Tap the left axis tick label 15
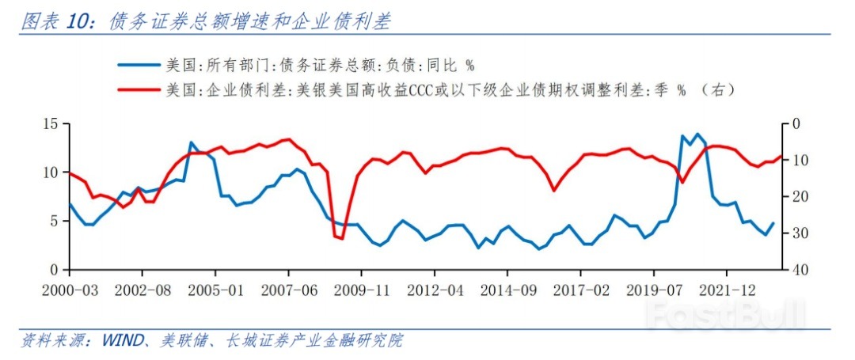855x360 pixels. (x=51, y=123)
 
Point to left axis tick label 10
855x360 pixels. (x=51, y=172)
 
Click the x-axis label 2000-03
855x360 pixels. (x=70, y=290)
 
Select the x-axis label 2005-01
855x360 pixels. (x=215, y=290)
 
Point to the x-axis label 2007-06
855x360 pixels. (x=288, y=290)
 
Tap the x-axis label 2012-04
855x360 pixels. (x=434, y=290)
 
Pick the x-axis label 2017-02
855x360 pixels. (x=579, y=290)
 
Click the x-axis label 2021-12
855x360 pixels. (x=725, y=290)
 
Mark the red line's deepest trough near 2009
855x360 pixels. (x=341, y=239)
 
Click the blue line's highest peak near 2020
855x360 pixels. (x=697, y=134)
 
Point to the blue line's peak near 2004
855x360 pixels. (x=192, y=142)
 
